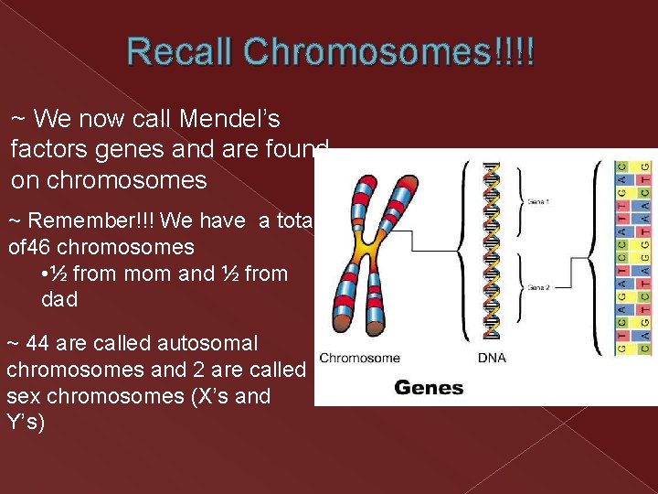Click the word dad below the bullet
pos(60,299)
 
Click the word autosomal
pos(207,344)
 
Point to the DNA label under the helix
pos(492,358)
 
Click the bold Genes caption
pos(428,387)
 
